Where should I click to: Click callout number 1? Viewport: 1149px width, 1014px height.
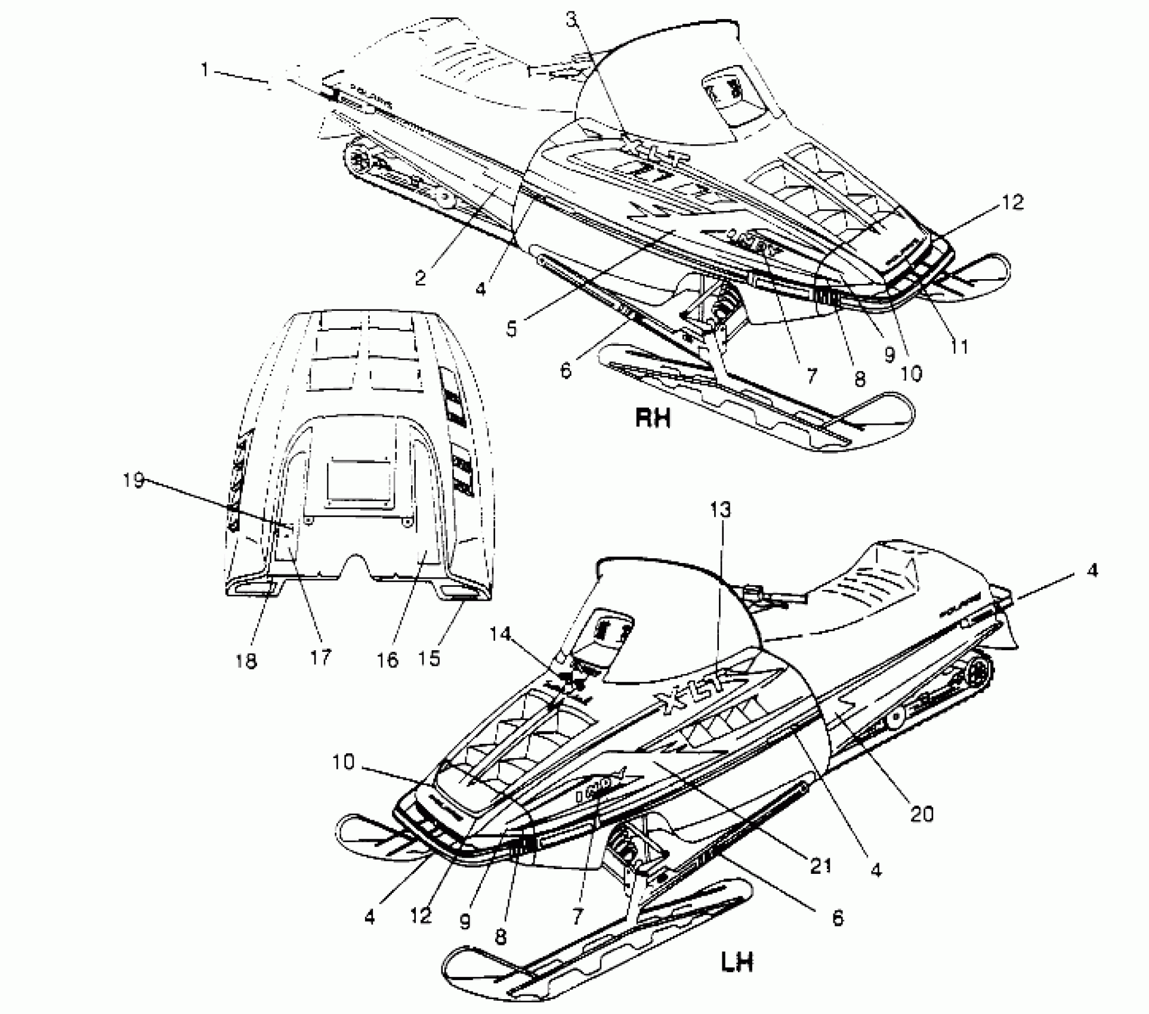205,70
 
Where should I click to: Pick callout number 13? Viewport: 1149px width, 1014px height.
720,510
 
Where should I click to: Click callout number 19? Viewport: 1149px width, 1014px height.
134,480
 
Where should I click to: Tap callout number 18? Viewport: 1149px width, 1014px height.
246,660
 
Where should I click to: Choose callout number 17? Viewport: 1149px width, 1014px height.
320,657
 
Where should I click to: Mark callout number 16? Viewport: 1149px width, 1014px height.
388,660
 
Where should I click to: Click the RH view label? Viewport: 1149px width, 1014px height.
653,418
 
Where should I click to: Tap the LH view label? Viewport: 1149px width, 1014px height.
737,962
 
